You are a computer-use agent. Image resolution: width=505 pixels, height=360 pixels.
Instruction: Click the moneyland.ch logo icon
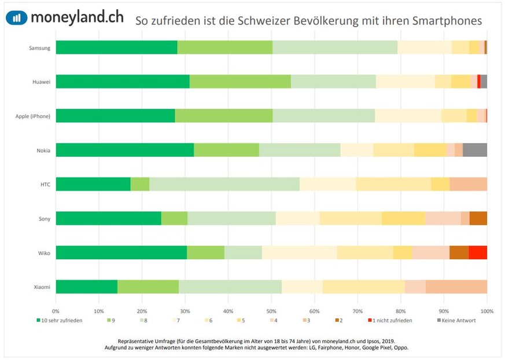pos(16,17)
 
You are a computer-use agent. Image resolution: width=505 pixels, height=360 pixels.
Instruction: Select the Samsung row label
pos(40,47)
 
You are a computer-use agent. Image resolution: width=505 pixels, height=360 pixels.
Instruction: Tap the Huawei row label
pos(42,82)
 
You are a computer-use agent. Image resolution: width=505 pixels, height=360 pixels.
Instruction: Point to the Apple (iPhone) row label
pos(33,116)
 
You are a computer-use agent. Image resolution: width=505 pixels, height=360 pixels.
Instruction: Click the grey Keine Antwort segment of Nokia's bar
pos(474,150)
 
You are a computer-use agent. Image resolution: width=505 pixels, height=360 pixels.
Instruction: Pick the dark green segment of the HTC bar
pos(93,184)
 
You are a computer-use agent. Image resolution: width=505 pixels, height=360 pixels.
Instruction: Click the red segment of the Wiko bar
pos(477,252)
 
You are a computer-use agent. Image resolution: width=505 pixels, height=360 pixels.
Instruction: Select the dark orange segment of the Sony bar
pos(478,218)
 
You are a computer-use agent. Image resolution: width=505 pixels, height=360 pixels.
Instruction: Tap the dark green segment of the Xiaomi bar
pos(87,286)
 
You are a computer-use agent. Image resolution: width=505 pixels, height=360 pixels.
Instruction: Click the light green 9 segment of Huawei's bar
pos(240,82)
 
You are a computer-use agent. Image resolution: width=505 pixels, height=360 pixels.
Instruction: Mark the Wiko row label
pos(44,252)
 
